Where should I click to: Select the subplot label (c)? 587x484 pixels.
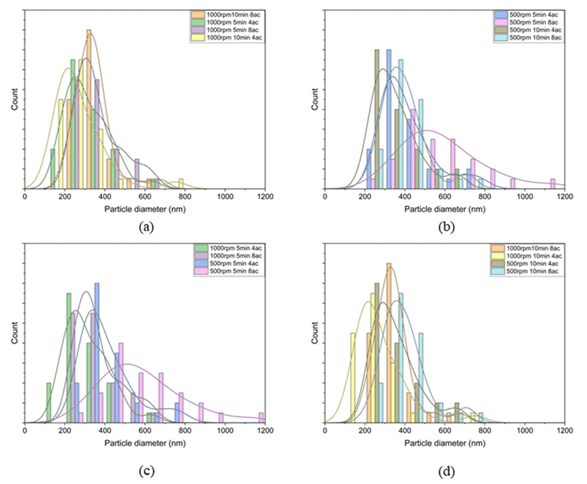point(145,471)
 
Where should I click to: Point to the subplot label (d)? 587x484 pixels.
point(444,471)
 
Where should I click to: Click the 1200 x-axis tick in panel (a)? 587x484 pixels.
point(266,196)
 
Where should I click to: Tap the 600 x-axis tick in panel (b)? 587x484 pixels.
point(445,196)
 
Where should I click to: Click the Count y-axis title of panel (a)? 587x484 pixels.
point(14,101)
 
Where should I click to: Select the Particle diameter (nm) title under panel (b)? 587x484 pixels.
point(444,208)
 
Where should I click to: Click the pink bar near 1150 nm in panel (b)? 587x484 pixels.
point(553,184)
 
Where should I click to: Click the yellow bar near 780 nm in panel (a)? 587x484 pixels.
point(181,183)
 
